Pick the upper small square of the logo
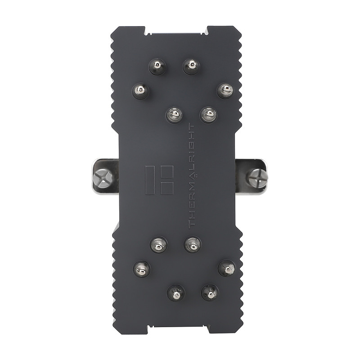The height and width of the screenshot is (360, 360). pos(167,171)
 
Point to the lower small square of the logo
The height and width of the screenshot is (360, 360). pos(167,189)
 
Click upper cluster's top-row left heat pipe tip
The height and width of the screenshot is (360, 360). pos(157,67)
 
